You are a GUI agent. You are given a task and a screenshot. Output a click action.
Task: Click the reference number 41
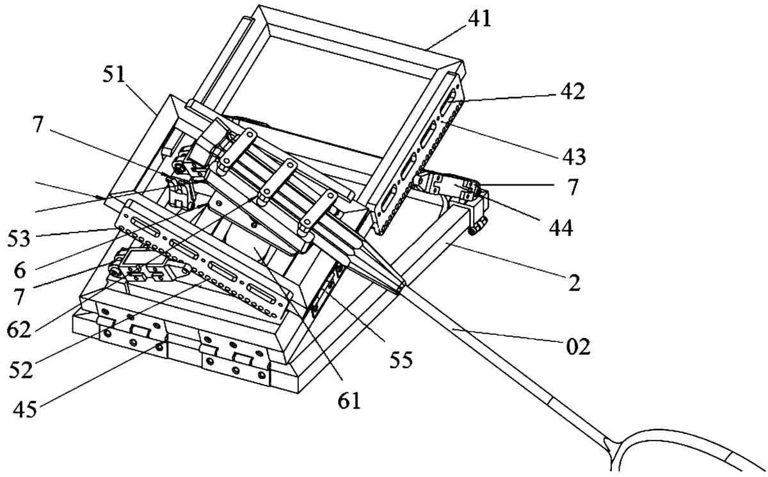pos(479,19)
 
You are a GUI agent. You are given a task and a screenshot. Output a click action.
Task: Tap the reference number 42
pos(572,92)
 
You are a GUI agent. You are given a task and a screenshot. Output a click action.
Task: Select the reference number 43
pos(574,157)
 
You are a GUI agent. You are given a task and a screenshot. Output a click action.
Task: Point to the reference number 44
pos(561,228)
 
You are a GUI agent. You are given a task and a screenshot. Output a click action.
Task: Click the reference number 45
pos(25,409)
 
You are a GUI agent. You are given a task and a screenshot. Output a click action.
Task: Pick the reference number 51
pos(113,74)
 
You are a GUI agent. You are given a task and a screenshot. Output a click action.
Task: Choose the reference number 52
pos(20,369)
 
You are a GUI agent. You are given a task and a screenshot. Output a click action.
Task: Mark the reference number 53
pos(19,239)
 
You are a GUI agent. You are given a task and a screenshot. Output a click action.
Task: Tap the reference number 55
pos(401,360)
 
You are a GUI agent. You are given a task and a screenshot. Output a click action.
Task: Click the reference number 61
pos(349,401)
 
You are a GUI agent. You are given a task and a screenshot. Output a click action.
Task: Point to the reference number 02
pos(578,346)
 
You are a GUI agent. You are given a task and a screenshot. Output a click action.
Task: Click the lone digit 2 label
pos(574,283)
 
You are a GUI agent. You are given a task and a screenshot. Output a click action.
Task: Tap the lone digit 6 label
pos(20,271)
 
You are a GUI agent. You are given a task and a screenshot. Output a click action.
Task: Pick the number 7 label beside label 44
pos(572,187)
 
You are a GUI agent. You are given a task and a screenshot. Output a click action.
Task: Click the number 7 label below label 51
pos(38,125)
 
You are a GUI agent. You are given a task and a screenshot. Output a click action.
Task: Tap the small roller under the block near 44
pos(472,231)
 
